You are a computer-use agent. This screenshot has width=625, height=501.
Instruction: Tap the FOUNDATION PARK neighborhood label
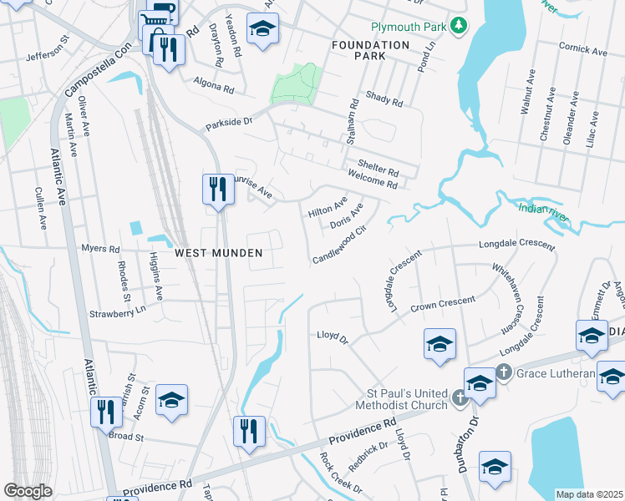point(370,50)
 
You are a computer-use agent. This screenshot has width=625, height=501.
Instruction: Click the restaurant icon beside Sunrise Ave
point(216,188)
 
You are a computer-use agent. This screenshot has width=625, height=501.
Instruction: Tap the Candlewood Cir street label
point(339,246)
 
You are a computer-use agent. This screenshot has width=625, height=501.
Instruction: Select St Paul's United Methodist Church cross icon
point(460,399)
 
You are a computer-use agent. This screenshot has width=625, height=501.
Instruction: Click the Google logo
point(27,491)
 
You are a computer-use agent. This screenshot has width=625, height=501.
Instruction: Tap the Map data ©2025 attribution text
point(589,494)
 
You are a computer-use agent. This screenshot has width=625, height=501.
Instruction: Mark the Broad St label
point(127,436)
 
